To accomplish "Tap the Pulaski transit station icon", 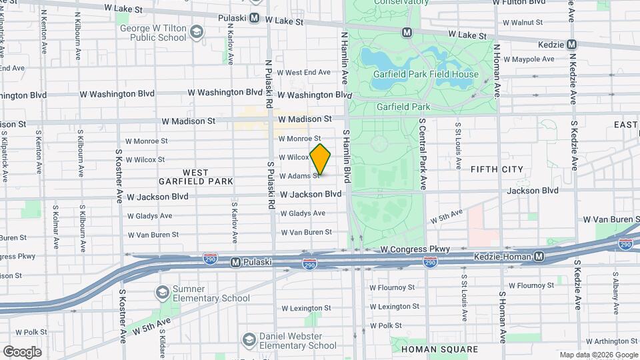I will tap(235, 263).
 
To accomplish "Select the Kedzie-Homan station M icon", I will tap(539, 257).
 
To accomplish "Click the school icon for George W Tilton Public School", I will tap(196, 32).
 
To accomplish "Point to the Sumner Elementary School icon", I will tap(162, 292).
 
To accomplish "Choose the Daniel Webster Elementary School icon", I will tap(249, 340).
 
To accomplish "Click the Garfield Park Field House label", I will tap(425, 74).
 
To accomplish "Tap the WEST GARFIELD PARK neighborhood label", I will tap(196, 177).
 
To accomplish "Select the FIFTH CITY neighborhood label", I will tap(497, 169).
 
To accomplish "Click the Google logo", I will tap(22, 351).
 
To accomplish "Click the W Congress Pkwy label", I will tap(407, 249).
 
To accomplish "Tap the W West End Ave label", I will tap(303, 72).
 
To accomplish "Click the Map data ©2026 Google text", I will tap(598, 355).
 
